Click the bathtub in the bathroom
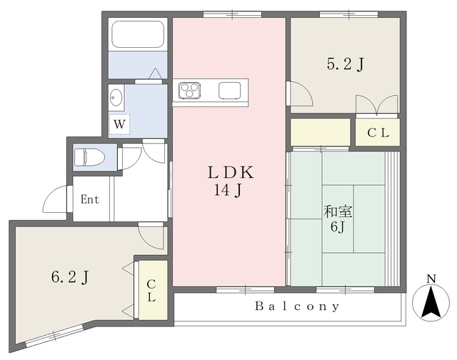(138, 34)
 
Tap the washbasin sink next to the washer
(116, 97)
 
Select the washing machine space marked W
(119, 124)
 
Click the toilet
(89, 157)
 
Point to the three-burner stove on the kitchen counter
(190, 91)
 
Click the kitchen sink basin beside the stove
(230, 91)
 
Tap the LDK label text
(231, 173)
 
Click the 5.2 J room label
(346, 64)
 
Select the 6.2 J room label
(70, 277)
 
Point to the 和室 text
(338, 211)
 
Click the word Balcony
(297, 306)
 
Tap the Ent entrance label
(90, 199)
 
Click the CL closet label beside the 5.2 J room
(378, 133)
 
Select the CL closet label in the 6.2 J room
(151, 290)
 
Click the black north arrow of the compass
(431, 302)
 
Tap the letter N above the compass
(431, 279)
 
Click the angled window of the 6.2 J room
(55, 336)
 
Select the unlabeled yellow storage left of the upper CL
(321, 131)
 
